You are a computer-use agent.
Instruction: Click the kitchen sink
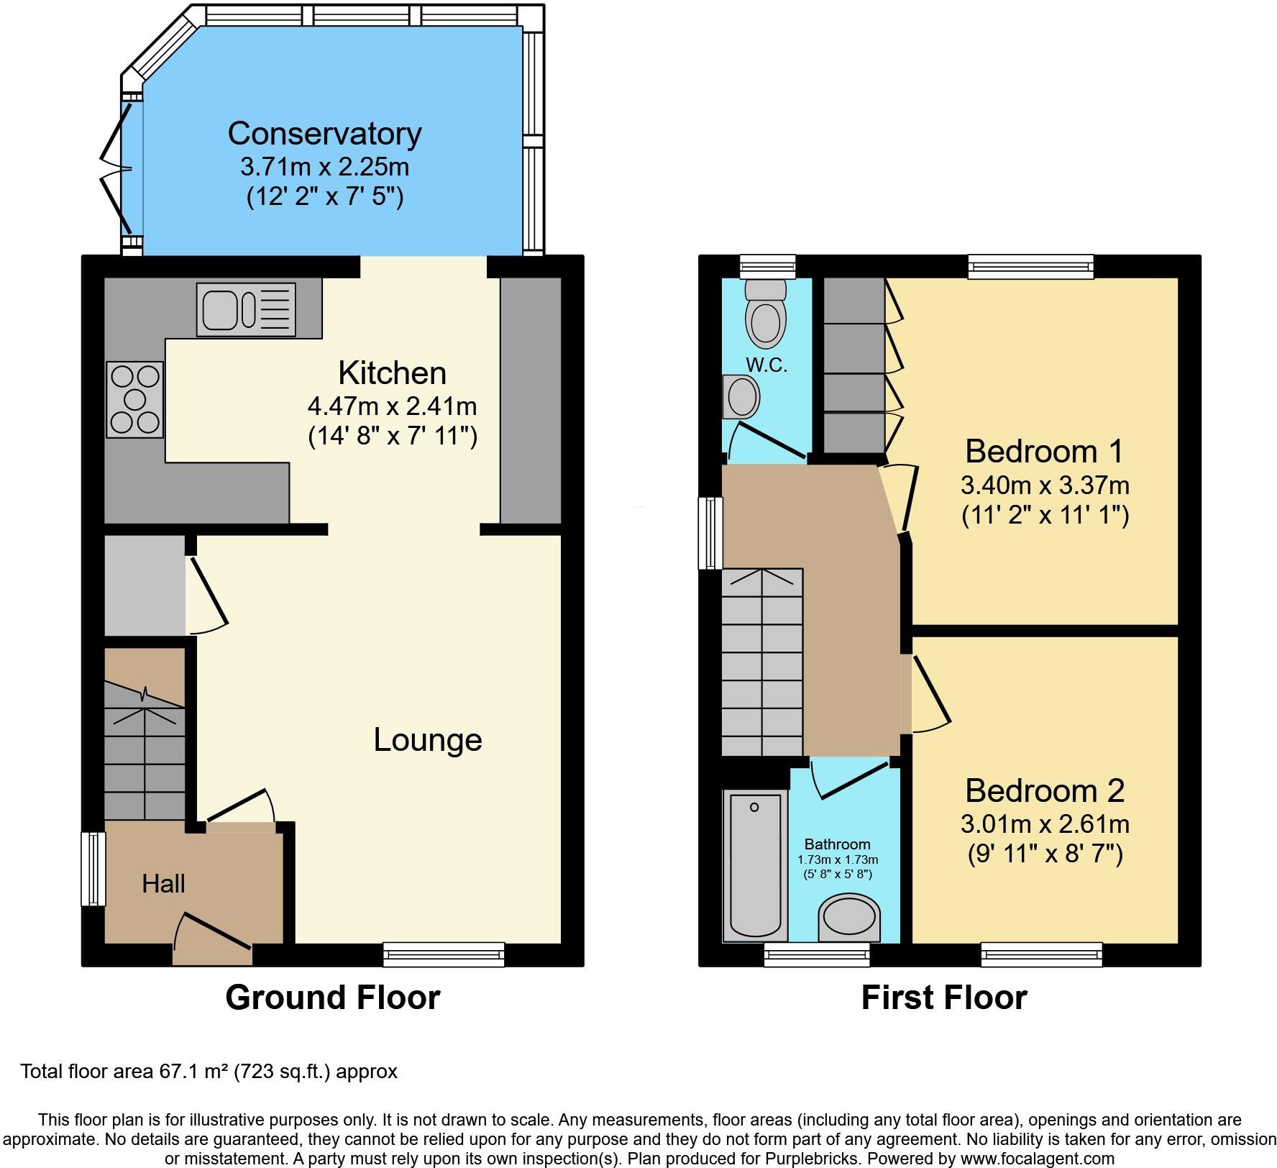[x=246, y=309]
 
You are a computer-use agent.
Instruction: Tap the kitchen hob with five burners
[x=135, y=399]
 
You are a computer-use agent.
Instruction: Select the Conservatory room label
[x=324, y=134]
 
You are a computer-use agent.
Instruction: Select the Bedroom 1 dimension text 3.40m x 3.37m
[x=1045, y=485]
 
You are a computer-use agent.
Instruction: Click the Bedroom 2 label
[x=1044, y=790]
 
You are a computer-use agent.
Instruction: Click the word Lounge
[x=427, y=740]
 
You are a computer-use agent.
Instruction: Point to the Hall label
[x=163, y=884]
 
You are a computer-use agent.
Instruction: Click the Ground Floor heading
[x=332, y=998]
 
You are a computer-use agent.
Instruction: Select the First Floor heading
[x=943, y=998]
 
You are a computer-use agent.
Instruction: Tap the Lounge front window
[x=444, y=954]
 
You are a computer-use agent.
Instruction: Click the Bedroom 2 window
[x=1042, y=954]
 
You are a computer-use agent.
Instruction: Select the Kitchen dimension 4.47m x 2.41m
[x=392, y=406]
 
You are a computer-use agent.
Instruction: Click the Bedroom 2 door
[x=931, y=694]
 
